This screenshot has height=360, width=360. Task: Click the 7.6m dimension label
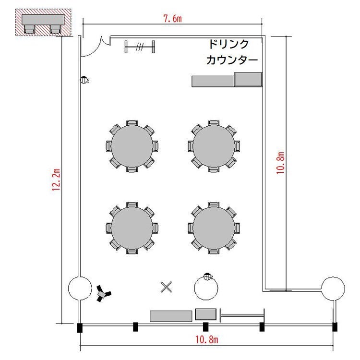pos(172,18)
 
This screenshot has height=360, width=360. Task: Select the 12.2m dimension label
pos(56,180)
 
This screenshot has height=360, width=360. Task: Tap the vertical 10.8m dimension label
pos(280,163)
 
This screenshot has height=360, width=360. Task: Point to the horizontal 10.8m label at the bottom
pos(206,339)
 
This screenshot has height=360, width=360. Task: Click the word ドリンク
pos(228,44)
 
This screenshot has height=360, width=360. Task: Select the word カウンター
pos(232,60)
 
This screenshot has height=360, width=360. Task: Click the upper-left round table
pos(132,146)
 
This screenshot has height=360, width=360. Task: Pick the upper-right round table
pos(214,146)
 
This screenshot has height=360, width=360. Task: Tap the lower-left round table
pos(132,228)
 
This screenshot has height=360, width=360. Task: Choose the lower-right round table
pos(214,228)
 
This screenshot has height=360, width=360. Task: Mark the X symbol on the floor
pos(166,287)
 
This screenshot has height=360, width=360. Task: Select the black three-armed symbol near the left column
pos(103,293)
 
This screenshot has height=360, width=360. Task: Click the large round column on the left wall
pos(80,288)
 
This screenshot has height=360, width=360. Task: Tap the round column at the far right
pos(333,288)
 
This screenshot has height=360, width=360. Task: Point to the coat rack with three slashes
pos(140,47)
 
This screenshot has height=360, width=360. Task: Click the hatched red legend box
pos(43,22)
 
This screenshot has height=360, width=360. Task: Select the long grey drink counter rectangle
pos(213,82)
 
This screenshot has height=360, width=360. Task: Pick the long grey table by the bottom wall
pos(171,316)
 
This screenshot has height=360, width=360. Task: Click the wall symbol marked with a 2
pos(84,80)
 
